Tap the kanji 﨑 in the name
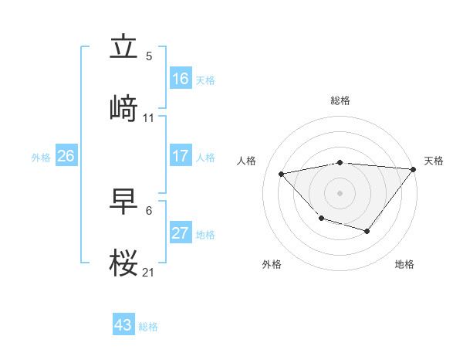tap(123, 108)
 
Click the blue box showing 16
tap(181, 79)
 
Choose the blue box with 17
tap(181, 156)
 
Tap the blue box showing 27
tap(181, 233)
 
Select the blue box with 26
tap(66, 156)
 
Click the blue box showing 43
tap(123, 325)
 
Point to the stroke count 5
tap(149, 56)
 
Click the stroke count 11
tap(149, 118)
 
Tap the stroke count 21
tap(149, 272)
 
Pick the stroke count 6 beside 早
tap(149, 210)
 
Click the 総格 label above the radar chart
tap(340, 100)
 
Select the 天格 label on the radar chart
tap(434, 161)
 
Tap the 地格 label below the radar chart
tap(404, 264)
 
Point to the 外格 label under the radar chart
tap(272, 264)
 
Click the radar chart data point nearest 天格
tap(413, 169)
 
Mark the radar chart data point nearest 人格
tap(282, 174)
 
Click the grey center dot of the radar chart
tap(340, 192)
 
